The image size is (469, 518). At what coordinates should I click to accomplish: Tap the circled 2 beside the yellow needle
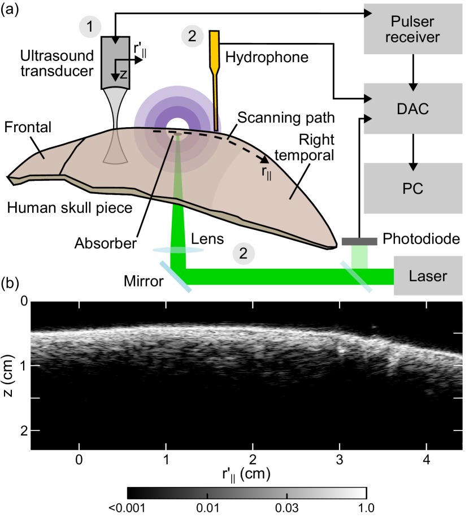click(x=192, y=37)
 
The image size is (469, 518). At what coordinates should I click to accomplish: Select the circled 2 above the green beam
click(x=243, y=254)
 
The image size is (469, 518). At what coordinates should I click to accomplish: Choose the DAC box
click(x=413, y=108)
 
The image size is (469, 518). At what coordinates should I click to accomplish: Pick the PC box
click(x=413, y=188)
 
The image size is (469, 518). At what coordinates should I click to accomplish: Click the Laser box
click(x=428, y=276)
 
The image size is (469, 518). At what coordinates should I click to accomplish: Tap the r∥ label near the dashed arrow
click(x=266, y=173)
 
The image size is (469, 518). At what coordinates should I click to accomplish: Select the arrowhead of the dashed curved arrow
click(x=263, y=160)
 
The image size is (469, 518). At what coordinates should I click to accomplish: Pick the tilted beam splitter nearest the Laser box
click(x=356, y=277)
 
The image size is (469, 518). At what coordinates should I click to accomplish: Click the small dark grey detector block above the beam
click(x=359, y=241)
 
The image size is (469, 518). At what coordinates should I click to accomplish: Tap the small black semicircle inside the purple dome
click(x=177, y=125)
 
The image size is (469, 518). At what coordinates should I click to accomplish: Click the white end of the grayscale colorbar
click(x=362, y=493)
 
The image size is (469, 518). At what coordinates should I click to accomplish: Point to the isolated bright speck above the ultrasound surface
click(x=374, y=326)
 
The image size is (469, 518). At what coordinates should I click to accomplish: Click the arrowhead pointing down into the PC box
click(x=413, y=167)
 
